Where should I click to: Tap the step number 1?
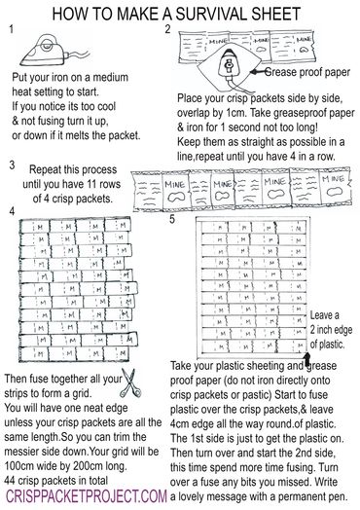click(11, 30)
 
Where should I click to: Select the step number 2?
click(167, 30)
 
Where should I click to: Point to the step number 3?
click(12, 166)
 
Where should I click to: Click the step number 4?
click(11, 211)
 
